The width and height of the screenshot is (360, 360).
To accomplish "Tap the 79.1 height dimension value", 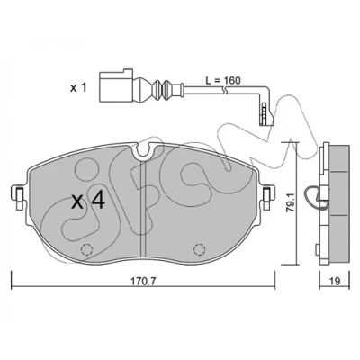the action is (291, 204).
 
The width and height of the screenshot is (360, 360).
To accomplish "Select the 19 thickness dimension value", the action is (335, 281).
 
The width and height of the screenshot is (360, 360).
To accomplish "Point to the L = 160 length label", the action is (223, 80).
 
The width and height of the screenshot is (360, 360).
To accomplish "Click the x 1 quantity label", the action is (78, 88).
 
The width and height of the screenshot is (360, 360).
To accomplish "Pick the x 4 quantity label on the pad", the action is (88, 201).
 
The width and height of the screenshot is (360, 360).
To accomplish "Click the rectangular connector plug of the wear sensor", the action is (116, 86).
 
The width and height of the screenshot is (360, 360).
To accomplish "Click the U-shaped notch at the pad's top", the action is (145, 152).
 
